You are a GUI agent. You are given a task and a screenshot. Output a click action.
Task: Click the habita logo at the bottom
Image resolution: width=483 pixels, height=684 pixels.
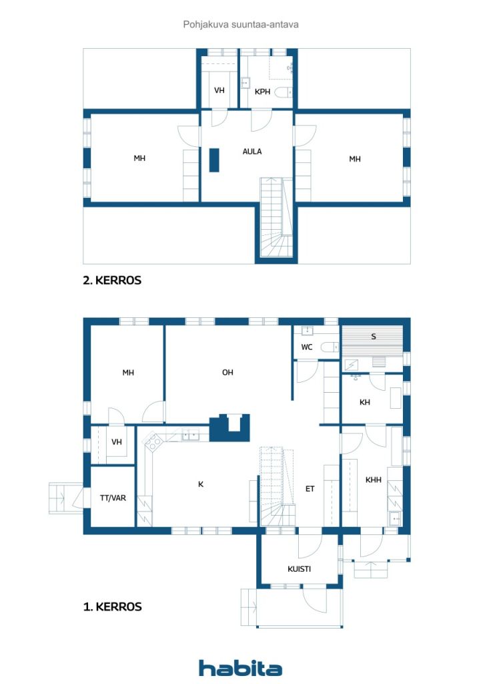(x=240, y=668)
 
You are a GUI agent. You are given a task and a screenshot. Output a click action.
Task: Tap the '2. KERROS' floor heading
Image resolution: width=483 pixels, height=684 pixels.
(x=112, y=280)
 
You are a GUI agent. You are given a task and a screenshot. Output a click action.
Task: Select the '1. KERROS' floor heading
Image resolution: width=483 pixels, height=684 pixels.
(x=112, y=607)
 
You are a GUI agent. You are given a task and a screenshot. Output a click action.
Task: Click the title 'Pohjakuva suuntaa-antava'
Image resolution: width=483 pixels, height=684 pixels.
(x=241, y=25)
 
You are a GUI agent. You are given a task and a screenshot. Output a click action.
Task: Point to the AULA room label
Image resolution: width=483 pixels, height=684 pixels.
(x=252, y=152)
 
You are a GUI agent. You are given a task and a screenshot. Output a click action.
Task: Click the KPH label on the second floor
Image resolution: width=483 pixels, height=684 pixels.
(x=263, y=92)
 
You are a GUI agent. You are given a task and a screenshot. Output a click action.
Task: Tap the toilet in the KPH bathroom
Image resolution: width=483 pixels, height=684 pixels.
(x=284, y=92)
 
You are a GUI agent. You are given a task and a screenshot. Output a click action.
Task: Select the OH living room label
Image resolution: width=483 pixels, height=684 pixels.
(x=227, y=372)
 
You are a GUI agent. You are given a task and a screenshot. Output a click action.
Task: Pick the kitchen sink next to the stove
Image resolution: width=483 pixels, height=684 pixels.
(x=190, y=434)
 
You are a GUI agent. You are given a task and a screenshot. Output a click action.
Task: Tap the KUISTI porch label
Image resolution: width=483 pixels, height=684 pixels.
(x=300, y=569)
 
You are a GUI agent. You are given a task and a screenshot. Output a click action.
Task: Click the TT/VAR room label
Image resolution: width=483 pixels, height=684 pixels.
(x=113, y=498)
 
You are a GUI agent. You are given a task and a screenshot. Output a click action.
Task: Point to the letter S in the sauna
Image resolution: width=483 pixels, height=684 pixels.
(x=373, y=337)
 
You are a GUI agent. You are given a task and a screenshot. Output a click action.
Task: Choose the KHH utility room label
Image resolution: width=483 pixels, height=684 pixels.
(x=373, y=480)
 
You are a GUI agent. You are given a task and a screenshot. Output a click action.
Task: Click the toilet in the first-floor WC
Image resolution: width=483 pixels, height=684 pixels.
(x=330, y=347)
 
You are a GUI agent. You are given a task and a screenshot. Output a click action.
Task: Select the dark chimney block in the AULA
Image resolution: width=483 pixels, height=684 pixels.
(x=214, y=160)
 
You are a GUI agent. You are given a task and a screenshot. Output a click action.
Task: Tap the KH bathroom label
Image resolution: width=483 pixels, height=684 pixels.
(x=365, y=402)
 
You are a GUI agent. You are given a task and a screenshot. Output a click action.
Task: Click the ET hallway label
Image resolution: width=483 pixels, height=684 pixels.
(x=310, y=489)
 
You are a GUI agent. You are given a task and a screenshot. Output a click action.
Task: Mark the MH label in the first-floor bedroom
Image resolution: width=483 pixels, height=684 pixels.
(x=128, y=373)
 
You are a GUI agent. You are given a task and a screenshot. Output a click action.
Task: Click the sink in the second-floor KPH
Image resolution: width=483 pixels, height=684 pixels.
(x=246, y=83)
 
